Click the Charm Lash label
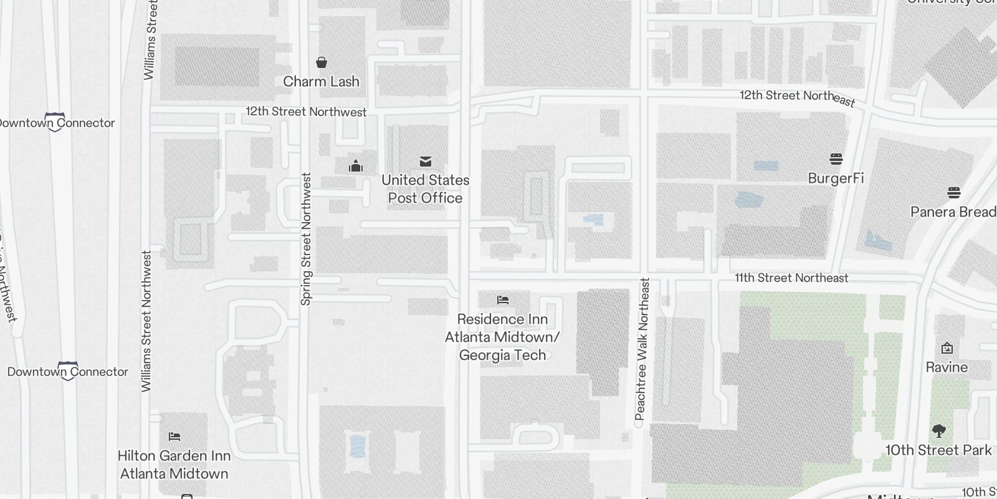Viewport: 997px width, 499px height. pos(321,81)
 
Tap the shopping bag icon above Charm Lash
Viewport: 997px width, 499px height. pos(322,62)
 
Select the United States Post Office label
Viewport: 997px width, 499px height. pos(425,189)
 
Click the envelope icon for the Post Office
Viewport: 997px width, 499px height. pos(426,162)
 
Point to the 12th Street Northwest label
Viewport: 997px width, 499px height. pos(306,112)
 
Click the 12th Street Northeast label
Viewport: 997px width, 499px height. pos(797,97)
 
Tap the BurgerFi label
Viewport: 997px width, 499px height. pos(836,178)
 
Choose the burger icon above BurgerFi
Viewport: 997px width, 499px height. pos(836,159)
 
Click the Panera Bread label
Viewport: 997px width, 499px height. pos(953,212)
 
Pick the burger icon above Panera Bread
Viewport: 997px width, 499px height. pos(953,192)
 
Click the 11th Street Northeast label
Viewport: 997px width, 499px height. pos(791,278)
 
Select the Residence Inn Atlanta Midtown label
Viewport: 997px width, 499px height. pos(502,337)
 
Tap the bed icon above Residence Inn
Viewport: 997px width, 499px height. pos(503,300)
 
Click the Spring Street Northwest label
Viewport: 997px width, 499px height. pos(305,239)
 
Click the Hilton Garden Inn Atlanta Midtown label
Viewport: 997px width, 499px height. pos(174,465)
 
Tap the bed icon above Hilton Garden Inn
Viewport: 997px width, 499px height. pos(174,437)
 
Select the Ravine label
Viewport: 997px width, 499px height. pos(947,367)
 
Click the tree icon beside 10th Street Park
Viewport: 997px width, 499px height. pos(938,430)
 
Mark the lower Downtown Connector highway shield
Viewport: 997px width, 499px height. pos(68,371)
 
